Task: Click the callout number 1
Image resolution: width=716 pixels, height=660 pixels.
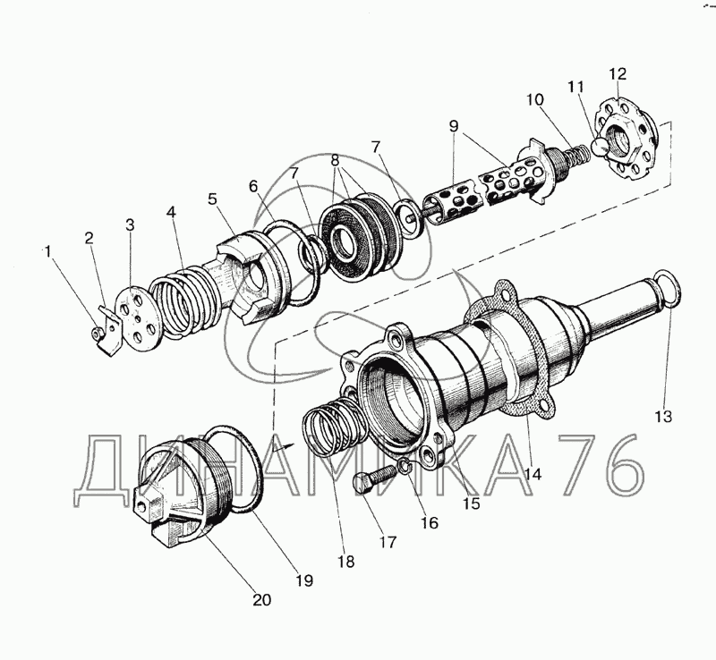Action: (48, 251)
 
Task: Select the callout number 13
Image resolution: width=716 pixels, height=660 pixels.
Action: (663, 416)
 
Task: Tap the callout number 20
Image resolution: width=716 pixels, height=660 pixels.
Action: (262, 600)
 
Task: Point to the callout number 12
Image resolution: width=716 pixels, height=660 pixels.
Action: (618, 74)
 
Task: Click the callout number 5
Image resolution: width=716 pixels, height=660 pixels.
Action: (212, 199)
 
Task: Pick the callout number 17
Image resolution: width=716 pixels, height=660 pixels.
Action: (388, 542)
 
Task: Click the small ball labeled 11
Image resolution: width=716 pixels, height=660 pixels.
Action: (599, 147)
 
